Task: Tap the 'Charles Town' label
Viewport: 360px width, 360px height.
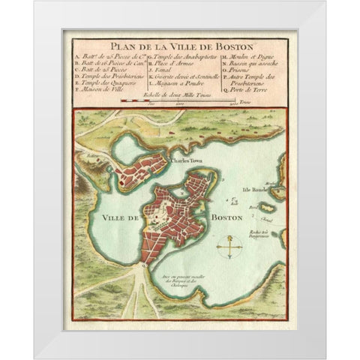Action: click(x=184, y=160)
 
